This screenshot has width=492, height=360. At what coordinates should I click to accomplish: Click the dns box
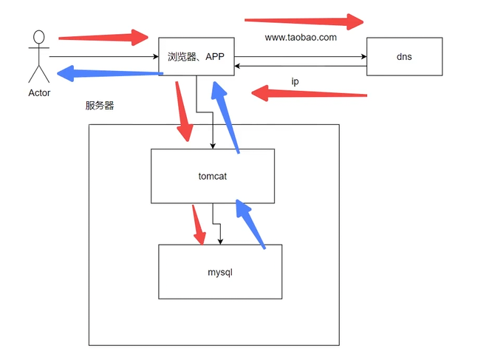click(404, 56)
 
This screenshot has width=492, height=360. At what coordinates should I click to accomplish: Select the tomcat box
click(212, 176)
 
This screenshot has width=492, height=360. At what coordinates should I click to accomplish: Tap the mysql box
click(220, 272)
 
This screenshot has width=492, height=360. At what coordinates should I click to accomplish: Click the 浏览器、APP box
click(197, 56)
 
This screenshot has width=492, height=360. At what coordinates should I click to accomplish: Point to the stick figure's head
click(38, 38)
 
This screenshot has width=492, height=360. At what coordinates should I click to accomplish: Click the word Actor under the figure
click(39, 93)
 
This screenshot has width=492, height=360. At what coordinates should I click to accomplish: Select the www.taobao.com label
click(301, 37)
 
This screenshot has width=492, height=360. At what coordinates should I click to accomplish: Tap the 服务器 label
click(100, 106)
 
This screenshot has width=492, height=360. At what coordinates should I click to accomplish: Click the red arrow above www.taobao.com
click(304, 20)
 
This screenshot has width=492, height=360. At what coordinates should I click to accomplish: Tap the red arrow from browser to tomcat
click(183, 111)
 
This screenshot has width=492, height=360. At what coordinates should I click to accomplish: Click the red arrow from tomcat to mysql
click(199, 225)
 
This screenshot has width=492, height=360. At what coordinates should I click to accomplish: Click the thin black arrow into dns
click(300, 56)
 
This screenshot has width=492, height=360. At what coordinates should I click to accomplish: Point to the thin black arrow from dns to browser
click(300, 67)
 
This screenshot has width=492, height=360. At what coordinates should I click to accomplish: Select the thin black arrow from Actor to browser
click(103, 56)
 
